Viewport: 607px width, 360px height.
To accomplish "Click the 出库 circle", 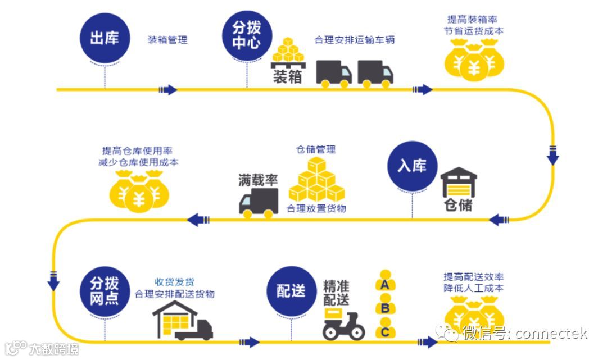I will pyautogui.click(x=104, y=39).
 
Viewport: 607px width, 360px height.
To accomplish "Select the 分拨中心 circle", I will pyautogui.click(x=247, y=35).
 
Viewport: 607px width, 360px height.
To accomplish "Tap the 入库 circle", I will pyautogui.click(x=412, y=166).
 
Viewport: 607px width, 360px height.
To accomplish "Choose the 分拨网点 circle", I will pyautogui.click(x=104, y=291).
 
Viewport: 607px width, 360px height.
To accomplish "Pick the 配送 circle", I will pyautogui.click(x=291, y=291).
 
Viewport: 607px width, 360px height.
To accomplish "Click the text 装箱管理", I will pyautogui.click(x=167, y=40).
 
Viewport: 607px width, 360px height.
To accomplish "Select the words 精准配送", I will pyautogui.click(x=337, y=292).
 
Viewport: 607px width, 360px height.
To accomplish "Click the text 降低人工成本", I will pyautogui.click(x=473, y=289).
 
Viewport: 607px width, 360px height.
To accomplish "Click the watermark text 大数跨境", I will pyautogui.click(x=54, y=349).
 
